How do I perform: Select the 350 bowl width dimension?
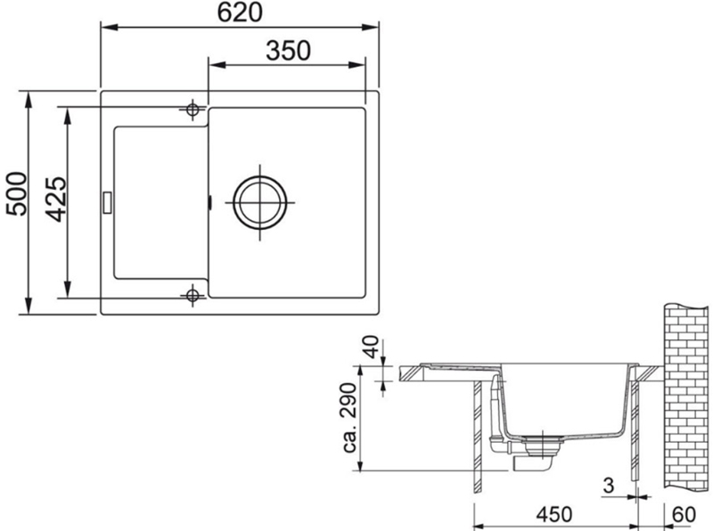point(287,51)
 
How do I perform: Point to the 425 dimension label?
point(55,201)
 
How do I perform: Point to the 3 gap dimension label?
point(608,486)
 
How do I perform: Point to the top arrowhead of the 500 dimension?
point(29,95)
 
